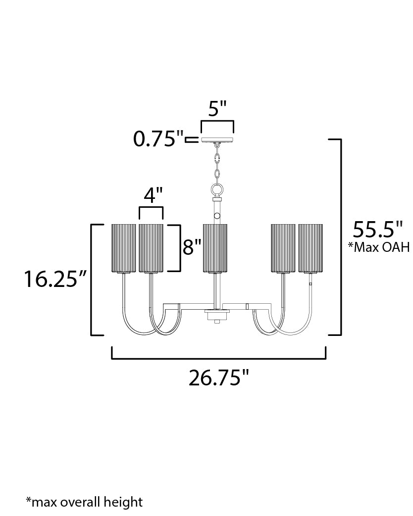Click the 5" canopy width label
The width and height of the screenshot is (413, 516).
[217, 108]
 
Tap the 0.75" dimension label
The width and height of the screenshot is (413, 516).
[158, 139]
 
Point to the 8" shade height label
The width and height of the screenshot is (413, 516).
[192, 247]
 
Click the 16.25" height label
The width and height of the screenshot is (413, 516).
[56, 279]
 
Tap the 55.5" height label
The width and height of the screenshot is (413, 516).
[378, 229]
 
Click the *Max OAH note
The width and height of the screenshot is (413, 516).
[379, 247]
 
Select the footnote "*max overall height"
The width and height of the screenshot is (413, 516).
[85, 502]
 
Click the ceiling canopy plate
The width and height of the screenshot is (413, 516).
[217, 140]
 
